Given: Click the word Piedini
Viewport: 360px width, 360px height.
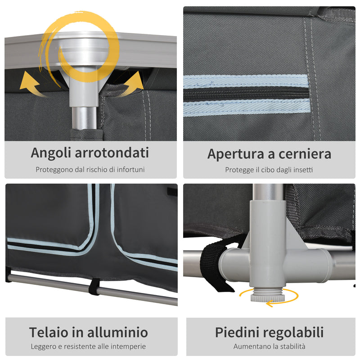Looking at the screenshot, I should click(x=238, y=333).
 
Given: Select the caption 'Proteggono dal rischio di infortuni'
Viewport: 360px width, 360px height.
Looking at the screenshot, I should click(x=90, y=170).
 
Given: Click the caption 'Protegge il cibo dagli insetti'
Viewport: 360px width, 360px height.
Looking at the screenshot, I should click(x=269, y=170).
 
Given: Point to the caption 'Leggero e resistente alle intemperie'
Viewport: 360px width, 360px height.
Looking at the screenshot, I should click(x=88, y=346).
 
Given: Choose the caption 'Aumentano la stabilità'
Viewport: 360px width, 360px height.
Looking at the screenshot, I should click(x=269, y=346).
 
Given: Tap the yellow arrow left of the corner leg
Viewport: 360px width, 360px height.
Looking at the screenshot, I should click(x=33, y=84).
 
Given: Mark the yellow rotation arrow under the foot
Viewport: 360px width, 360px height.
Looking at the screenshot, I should click(x=269, y=297).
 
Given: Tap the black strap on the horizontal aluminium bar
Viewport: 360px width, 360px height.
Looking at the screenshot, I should click(x=94, y=287).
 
